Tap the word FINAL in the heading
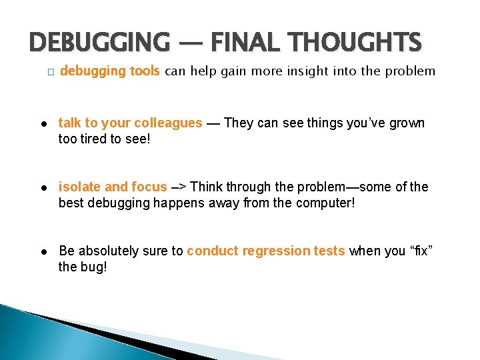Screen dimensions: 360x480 241,43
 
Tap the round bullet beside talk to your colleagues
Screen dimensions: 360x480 42,123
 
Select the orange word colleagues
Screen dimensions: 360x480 168,123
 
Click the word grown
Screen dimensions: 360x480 408,123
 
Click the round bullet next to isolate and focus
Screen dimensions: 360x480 42,187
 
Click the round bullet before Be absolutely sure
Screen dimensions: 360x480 42,251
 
